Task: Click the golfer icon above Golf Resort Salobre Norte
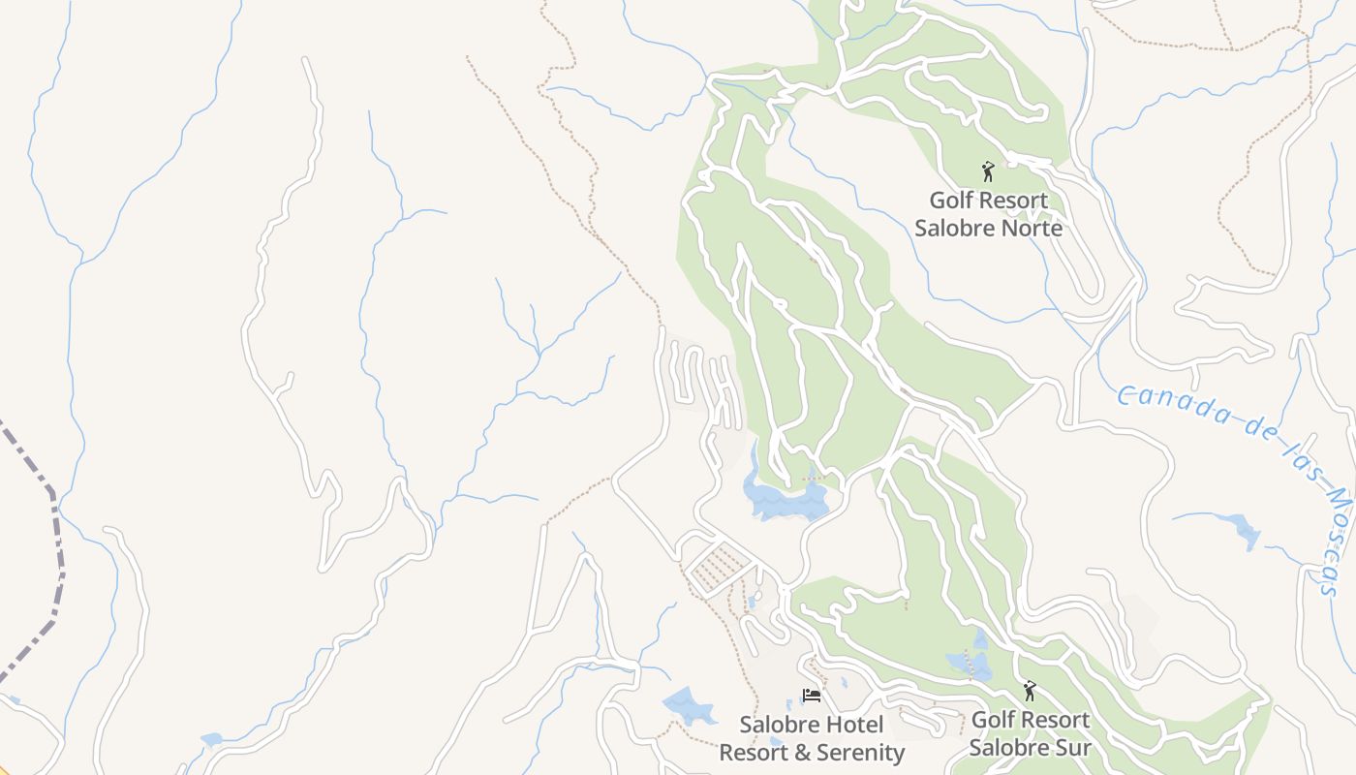coord(988,171)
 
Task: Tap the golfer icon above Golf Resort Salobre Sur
coord(1030,691)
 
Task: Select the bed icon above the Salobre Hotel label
coord(812,696)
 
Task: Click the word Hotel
coord(854,725)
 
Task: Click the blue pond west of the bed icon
coord(689,705)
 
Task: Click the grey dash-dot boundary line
coord(53,542)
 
